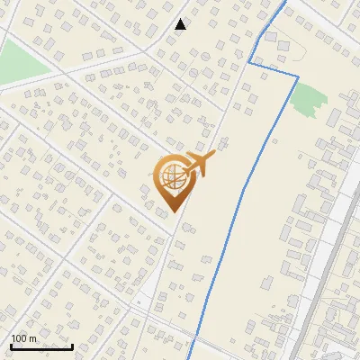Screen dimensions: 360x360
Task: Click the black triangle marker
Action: [181, 24]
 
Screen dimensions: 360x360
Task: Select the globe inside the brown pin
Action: [171, 177]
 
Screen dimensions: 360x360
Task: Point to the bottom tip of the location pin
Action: [171, 211]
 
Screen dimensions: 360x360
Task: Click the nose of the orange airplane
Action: [214, 156]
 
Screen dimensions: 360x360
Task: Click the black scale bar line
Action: [41, 346]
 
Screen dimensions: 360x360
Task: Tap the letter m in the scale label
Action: [34, 338]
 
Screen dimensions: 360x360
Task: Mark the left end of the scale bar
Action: [11, 346]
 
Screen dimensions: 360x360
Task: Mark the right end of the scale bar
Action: [73, 346]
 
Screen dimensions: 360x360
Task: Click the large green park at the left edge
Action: [20, 61]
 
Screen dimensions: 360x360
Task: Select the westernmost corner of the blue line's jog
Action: [248, 64]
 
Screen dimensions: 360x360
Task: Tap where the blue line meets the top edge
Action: [286, 2]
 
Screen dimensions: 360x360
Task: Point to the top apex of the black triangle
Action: [181, 19]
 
